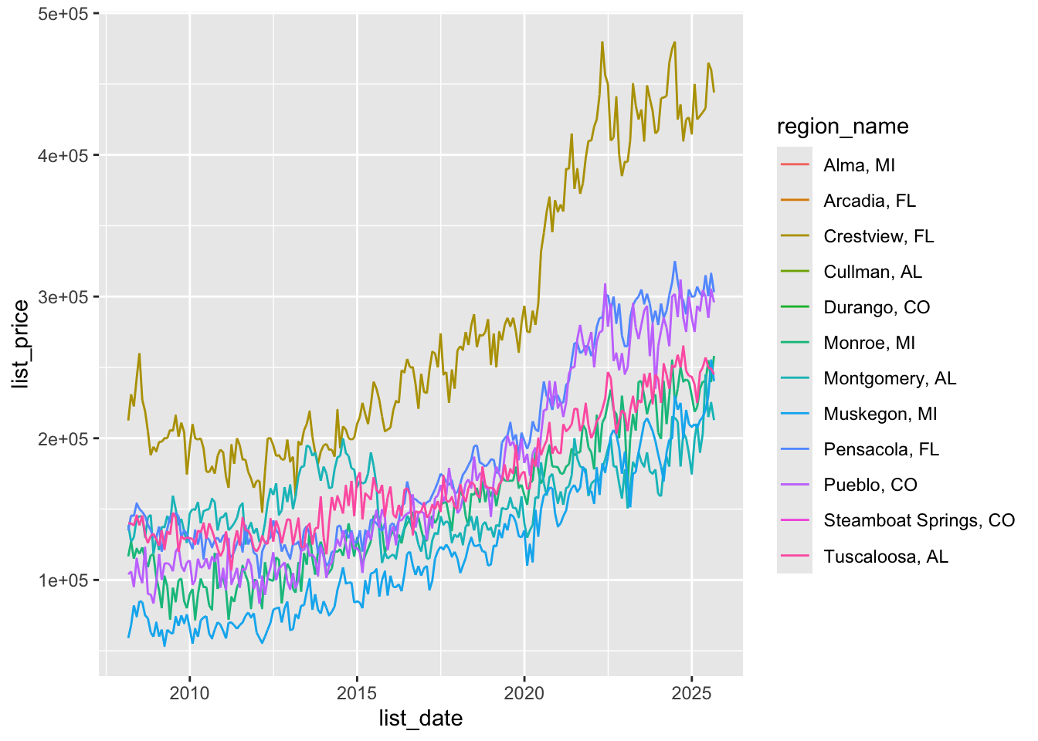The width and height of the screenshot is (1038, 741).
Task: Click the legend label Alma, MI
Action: (859, 165)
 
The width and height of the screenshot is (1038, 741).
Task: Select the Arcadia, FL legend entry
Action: (869, 201)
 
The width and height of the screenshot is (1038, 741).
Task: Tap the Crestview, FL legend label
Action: (878, 236)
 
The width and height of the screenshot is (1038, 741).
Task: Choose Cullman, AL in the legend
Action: (873, 272)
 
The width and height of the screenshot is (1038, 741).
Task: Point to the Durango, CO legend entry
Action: (877, 307)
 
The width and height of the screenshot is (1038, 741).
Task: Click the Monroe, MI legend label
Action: (869, 343)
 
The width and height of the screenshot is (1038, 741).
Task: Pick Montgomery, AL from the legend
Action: (890, 378)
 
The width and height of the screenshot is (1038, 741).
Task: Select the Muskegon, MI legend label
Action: (880, 414)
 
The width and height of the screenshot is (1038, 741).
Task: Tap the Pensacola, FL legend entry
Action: (881, 449)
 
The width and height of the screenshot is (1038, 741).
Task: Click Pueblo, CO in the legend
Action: (870, 485)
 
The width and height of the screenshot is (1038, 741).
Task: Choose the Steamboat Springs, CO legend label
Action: (919, 520)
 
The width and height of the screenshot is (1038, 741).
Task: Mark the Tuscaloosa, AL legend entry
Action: (886, 557)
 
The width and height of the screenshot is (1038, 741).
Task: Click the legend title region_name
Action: (843, 127)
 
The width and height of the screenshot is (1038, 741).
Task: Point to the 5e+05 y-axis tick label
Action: (63, 14)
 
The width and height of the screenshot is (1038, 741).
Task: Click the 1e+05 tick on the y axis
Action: (63, 580)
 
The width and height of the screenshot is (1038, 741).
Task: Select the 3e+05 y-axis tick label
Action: (63, 297)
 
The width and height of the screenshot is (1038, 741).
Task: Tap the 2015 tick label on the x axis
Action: (357, 692)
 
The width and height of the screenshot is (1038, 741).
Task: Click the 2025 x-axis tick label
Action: (691, 692)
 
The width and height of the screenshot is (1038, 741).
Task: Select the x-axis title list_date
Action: (421, 719)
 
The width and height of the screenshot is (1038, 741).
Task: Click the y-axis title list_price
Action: (21, 344)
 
